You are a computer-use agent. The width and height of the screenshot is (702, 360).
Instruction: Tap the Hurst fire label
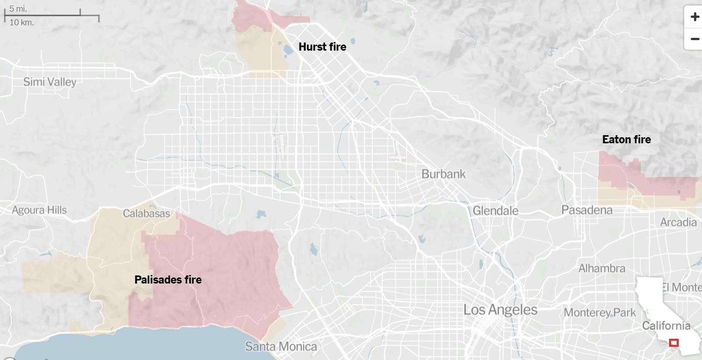coord(322,47)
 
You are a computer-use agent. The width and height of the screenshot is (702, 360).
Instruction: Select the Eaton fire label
coord(626,139)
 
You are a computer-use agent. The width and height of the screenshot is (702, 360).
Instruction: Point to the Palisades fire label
coord(168,279)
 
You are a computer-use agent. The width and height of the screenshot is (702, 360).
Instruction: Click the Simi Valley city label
coord(50,82)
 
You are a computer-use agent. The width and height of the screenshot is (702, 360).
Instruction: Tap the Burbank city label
coord(443,174)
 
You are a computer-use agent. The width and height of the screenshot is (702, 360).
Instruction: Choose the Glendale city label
coord(495,211)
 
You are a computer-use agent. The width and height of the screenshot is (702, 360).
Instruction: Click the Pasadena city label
coord(587,210)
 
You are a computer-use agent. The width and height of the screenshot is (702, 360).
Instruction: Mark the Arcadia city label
coord(678,222)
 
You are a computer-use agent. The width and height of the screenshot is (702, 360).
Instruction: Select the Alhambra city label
coord(602,268)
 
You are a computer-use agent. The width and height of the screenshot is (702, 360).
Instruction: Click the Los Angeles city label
coord(500,310)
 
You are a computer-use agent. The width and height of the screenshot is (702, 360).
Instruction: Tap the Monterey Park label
coord(600,312)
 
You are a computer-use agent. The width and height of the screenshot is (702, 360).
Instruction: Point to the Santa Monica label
coord(281,347)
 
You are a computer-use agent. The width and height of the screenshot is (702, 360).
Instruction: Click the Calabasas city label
coord(146,214)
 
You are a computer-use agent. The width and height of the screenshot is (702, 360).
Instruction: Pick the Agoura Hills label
coord(39,210)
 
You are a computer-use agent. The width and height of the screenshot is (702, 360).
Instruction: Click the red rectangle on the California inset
coord(674,343)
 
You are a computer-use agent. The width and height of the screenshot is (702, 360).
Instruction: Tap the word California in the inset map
coord(666,326)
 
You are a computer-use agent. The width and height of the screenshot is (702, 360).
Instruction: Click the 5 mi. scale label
coord(18,9)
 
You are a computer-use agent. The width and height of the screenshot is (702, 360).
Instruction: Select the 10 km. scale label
coord(21,22)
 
